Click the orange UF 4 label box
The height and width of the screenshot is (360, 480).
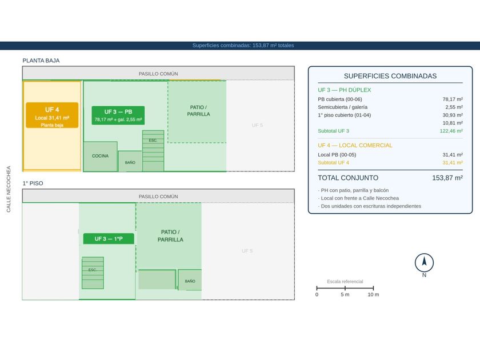(x=52, y=115)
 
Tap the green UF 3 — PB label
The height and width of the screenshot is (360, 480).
(x=118, y=115)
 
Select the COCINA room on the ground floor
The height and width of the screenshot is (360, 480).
(x=101, y=156)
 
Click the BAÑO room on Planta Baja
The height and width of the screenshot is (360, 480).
(x=130, y=161)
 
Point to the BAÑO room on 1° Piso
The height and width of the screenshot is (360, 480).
(x=190, y=280)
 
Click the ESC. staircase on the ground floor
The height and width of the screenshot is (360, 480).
(x=153, y=151)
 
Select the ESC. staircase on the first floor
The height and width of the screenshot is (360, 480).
(x=93, y=273)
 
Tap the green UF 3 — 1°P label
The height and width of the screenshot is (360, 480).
(x=109, y=239)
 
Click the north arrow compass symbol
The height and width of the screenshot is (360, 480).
(x=424, y=263)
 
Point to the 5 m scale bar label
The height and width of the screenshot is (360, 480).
(x=345, y=294)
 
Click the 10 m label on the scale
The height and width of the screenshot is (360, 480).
(x=373, y=294)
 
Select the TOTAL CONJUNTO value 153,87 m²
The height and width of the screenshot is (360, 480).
(x=447, y=178)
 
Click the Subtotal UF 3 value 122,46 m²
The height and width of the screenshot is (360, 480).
(x=451, y=131)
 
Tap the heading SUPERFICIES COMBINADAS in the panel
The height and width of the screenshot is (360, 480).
(x=390, y=76)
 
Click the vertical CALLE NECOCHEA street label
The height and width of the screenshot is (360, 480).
(x=9, y=189)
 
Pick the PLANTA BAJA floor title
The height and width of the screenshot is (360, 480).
(x=41, y=61)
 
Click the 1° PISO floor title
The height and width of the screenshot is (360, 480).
(x=33, y=183)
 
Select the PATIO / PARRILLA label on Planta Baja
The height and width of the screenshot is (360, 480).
(x=198, y=111)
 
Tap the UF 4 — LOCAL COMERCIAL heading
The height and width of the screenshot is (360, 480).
(x=355, y=145)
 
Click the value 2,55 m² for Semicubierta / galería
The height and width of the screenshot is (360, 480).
(x=454, y=107)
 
